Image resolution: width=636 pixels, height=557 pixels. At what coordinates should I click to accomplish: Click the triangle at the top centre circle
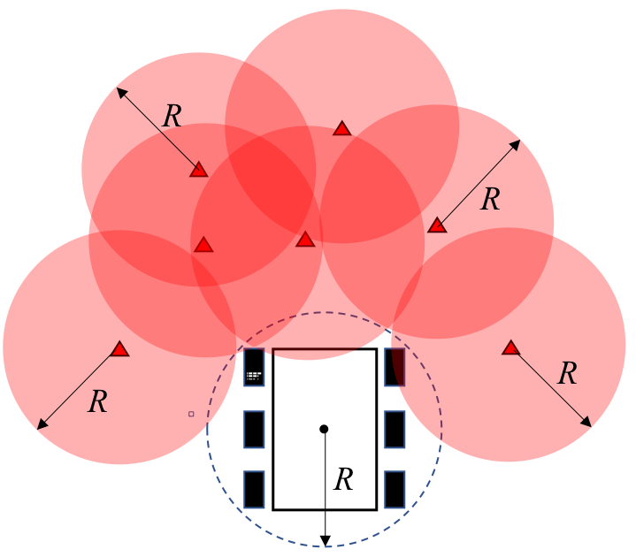(342, 129)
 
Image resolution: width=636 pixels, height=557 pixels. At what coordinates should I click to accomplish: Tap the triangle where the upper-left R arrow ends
(199, 170)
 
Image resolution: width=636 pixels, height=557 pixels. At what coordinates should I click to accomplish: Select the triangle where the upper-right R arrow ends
(437, 225)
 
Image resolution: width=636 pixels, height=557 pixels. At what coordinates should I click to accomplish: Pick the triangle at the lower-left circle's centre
(120, 350)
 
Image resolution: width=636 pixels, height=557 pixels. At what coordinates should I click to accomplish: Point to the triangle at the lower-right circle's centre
(510, 348)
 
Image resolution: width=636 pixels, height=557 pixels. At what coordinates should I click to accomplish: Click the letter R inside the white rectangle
(343, 480)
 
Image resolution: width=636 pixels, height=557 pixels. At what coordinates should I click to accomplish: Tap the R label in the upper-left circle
(172, 117)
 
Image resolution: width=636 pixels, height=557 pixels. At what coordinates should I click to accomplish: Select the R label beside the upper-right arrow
(490, 200)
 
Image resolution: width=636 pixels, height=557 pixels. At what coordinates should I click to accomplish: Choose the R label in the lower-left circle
(98, 402)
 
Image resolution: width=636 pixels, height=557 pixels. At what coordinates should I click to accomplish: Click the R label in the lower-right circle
(568, 374)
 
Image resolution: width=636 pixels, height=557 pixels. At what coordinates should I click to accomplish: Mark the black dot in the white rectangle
(324, 429)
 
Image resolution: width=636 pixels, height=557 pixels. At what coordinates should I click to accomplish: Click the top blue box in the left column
(254, 368)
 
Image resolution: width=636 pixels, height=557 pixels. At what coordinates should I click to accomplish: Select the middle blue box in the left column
(254, 429)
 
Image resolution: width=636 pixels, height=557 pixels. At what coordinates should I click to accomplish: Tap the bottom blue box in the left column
(254, 489)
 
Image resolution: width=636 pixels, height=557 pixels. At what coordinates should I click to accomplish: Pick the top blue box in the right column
(395, 367)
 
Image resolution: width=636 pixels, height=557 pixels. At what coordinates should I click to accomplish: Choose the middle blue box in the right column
(395, 429)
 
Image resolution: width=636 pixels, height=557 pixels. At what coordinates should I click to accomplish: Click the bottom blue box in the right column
(395, 489)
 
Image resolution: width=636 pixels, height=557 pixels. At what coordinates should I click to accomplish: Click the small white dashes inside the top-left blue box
(253, 376)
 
